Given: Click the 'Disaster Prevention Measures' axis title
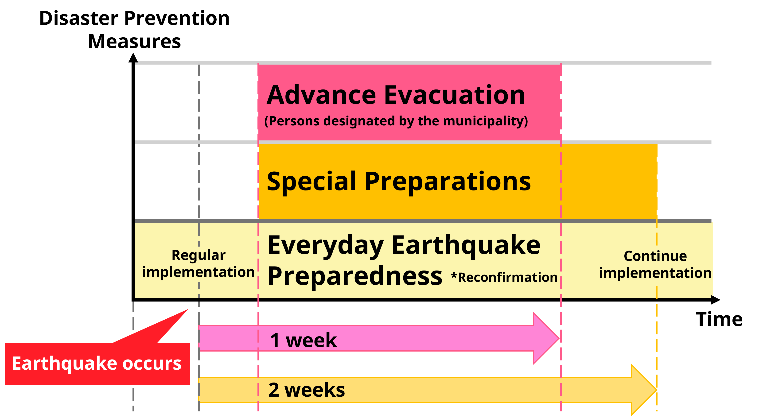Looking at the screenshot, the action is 134,30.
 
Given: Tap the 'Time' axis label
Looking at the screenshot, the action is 719,319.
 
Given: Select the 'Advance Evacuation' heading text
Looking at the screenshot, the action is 396,95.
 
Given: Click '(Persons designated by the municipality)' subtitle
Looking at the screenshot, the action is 396,121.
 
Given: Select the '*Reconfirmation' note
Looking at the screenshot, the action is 504,277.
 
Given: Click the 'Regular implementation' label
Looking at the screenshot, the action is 199,263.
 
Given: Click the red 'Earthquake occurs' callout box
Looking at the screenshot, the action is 97,364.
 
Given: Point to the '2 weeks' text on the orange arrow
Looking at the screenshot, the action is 307,390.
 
